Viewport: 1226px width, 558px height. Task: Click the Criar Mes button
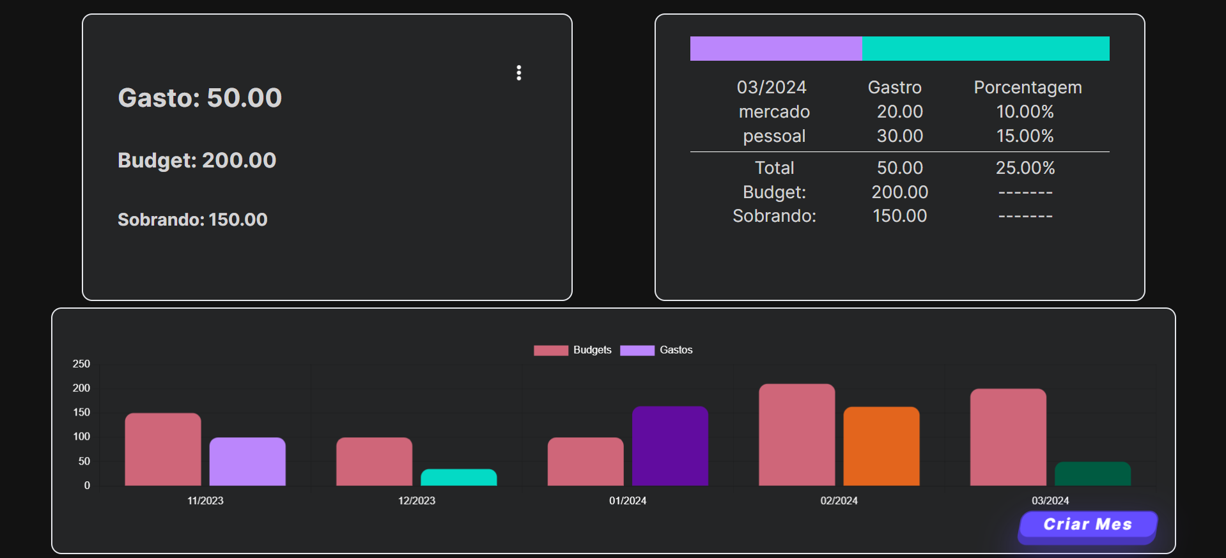(x=1087, y=525)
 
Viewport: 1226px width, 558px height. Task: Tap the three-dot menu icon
(x=518, y=73)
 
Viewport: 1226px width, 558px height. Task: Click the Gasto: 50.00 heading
(x=199, y=98)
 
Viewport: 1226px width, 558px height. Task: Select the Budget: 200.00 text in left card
(x=197, y=160)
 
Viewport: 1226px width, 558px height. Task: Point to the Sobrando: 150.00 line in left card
(x=192, y=219)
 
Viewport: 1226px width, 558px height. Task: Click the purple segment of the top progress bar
(x=776, y=49)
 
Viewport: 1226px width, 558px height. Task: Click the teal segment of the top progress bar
(x=985, y=49)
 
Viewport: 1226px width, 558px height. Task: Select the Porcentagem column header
(x=1027, y=88)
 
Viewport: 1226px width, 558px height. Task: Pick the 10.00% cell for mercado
(x=1025, y=112)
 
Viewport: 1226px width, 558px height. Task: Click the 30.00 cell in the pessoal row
(x=899, y=136)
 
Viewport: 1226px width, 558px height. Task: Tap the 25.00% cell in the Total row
(x=1025, y=168)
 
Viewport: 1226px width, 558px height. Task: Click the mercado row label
(x=774, y=112)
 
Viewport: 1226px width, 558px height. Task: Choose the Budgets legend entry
(x=573, y=350)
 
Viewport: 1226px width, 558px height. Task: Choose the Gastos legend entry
(x=656, y=350)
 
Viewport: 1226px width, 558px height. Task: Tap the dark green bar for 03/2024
(x=1092, y=474)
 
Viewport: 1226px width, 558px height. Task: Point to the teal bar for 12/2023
(x=458, y=477)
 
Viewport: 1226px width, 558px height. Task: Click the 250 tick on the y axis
(x=81, y=364)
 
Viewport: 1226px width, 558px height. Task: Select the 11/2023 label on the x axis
(x=205, y=500)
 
